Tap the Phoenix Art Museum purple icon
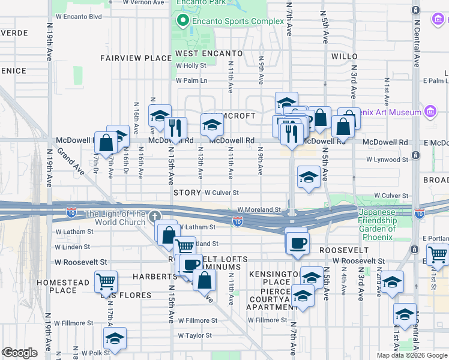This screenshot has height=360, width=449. coord(430,112)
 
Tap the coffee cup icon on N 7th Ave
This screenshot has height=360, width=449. coord(297,243)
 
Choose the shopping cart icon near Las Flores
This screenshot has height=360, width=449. coord(106,281)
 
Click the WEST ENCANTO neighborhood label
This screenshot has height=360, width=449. coord(209,54)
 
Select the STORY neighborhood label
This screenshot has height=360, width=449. coord(187,193)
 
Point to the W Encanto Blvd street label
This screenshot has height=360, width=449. coord(78,17)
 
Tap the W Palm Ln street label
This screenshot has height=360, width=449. coord(191,80)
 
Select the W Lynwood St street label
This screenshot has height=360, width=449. coord(387,160)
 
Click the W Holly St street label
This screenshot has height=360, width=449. coord(191,66)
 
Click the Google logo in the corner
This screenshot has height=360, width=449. coord(20,352)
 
